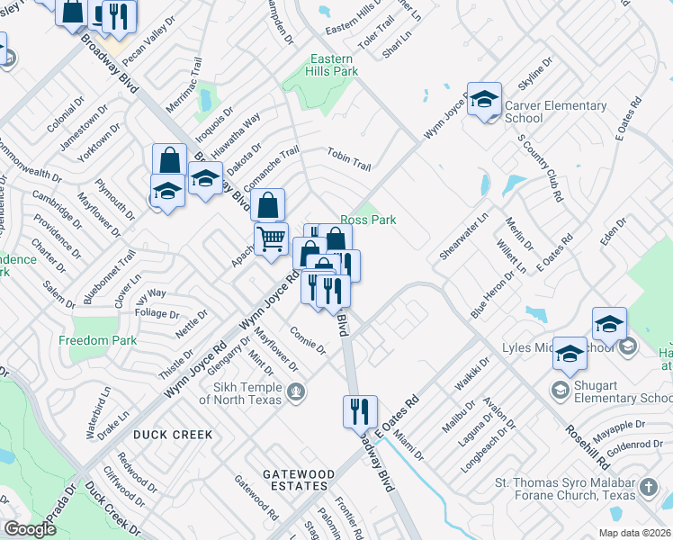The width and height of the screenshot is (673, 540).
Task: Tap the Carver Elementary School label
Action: click(555, 112)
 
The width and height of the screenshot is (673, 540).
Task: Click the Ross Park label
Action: click(367, 220)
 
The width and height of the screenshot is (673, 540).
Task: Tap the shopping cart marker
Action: click(271, 239)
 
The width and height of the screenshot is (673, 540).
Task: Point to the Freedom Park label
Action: click(97, 340)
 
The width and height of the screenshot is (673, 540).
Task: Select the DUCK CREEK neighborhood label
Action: click(174, 435)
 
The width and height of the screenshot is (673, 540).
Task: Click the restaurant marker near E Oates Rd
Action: click(360, 411)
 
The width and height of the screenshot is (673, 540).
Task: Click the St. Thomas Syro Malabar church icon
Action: click(648, 489)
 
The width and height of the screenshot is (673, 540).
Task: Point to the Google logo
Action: click(30, 529)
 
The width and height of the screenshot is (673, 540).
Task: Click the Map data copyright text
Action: click(634, 533)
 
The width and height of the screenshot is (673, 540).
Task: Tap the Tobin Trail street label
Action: click(349, 159)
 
